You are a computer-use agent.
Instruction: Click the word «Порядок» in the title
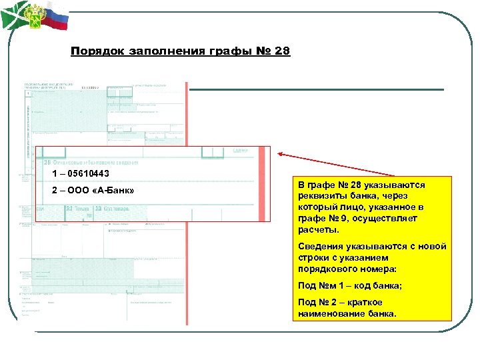(x=94, y=51)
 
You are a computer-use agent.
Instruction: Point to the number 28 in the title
(x=282, y=51)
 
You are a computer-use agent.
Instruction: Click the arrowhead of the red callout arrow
(x=281, y=155)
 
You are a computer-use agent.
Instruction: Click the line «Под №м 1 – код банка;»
(x=349, y=286)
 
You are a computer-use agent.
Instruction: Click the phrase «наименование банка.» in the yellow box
(x=347, y=313)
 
